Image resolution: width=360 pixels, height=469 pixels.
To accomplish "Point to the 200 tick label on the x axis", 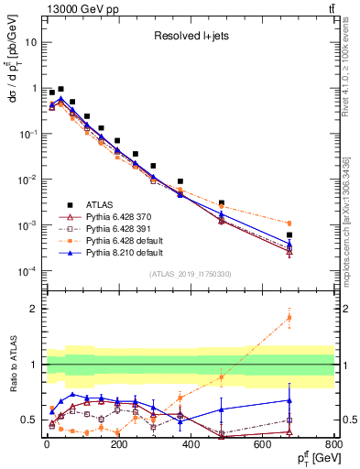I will pyautogui.click(x=118, y=445).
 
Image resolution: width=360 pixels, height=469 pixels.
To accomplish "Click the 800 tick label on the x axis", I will pyautogui.click(x=334, y=445).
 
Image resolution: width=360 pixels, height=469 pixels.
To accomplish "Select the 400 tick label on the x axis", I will pyautogui.click(x=191, y=445).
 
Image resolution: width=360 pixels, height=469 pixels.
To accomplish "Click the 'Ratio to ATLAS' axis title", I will pyautogui.click(x=10, y=365).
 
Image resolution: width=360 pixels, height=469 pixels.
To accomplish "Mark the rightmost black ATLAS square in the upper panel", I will pyautogui.click(x=289, y=235).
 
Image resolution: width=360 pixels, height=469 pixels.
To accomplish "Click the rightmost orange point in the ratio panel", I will pyautogui.click(x=289, y=318).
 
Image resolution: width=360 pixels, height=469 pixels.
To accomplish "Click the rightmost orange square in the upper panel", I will pyautogui.click(x=289, y=224).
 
